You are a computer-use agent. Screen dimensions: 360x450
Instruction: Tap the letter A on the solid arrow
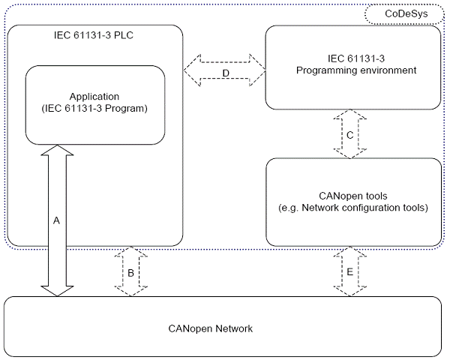tap(55, 220)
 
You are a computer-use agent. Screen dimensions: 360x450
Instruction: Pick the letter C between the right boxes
tap(349, 135)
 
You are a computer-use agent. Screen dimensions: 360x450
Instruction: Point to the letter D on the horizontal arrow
tap(226, 72)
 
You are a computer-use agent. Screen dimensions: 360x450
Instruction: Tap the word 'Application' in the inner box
tap(94, 97)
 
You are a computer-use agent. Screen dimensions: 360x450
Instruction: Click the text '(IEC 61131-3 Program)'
tap(94, 109)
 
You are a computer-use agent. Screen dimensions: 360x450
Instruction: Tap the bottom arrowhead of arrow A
tap(56, 290)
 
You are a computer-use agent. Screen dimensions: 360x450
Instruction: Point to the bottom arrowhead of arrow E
tap(349, 290)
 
